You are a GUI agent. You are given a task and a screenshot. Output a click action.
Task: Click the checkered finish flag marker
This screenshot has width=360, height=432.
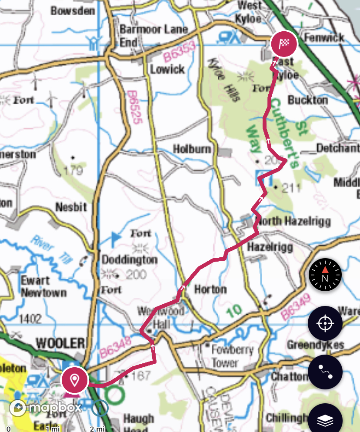pyautogui.click(x=283, y=43)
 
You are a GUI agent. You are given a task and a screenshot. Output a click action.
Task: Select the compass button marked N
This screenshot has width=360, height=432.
pyautogui.click(x=325, y=275)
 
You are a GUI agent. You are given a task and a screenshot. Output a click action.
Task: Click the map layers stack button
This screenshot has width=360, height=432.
pyautogui.click(x=325, y=420)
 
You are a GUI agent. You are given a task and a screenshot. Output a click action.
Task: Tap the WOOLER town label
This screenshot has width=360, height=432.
pyautogui.click(x=60, y=343)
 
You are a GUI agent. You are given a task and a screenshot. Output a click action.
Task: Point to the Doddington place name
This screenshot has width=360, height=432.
pyautogui.click(x=129, y=260)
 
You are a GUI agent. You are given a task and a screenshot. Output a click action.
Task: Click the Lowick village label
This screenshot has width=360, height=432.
pyautogui.click(x=167, y=69)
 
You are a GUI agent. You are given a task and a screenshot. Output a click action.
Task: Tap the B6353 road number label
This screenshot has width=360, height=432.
pyautogui.click(x=180, y=51)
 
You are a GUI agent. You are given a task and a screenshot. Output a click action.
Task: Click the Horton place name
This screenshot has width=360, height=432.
pyautogui.click(x=210, y=289)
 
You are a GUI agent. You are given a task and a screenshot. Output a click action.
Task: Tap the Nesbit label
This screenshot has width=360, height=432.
pyautogui.click(x=71, y=207)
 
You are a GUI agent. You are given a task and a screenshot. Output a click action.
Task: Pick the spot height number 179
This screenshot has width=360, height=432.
pyautogui.click(x=73, y=170)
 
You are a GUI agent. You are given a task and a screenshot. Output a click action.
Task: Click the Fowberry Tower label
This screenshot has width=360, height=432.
pyautogui.click(x=225, y=356)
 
